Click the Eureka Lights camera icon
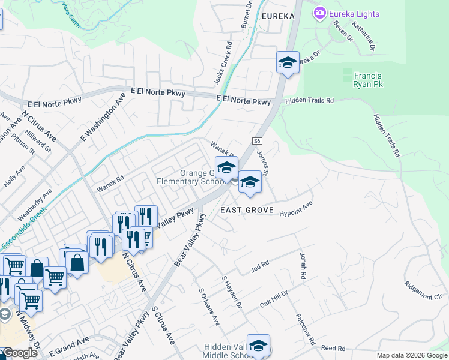click(319, 13)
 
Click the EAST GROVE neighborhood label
click(247, 211)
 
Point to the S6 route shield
click(258, 141)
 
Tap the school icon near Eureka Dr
click(288, 62)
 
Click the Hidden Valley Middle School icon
click(259, 346)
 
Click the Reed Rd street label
click(333, 348)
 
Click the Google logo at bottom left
click(19, 353)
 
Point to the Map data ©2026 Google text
click(411, 355)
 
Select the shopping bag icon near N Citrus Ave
click(77, 262)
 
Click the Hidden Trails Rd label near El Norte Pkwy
click(309, 101)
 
